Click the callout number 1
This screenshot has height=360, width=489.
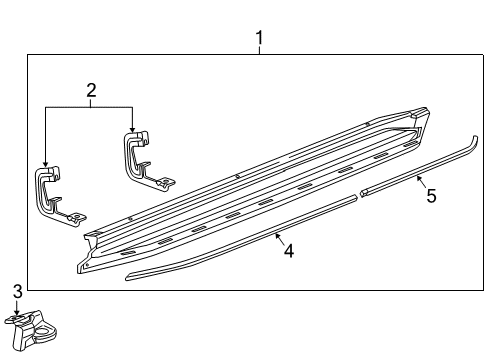pos(259,40)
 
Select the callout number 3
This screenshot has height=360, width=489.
pos(16,291)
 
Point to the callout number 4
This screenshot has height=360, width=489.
pos(288,251)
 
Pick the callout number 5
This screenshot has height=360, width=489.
pos(431,196)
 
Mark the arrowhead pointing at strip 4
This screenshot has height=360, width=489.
pos(275,234)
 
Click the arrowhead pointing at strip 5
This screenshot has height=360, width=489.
pos(418,178)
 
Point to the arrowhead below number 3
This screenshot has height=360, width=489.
pos(16,314)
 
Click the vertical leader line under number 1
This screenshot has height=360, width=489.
pos(259,52)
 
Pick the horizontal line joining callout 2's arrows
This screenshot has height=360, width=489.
pos(88,107)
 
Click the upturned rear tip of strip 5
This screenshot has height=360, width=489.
pos(472,143)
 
